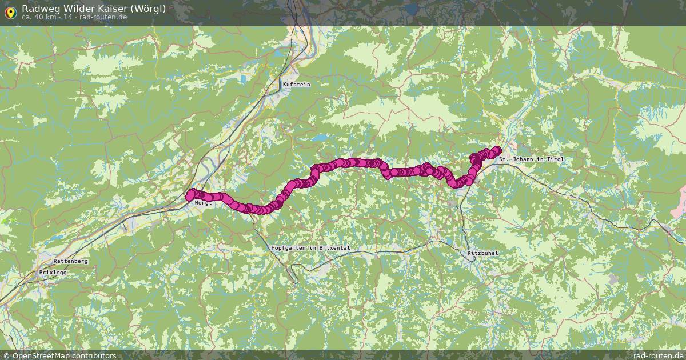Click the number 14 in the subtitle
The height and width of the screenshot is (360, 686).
click(x=67, y=17)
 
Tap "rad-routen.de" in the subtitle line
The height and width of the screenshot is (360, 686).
click(x=103, y=17)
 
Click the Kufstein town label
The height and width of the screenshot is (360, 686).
click(x=296, y=85)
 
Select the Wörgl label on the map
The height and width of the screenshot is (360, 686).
click(x=203, y=203)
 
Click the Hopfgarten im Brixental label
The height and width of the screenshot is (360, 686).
click(x=310, y=247)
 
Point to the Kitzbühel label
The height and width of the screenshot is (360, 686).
click(x=479, y=253)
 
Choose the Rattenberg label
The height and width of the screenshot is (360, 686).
click(x=70, y=261)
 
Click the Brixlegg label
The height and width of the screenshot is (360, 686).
click(x=53, y=273)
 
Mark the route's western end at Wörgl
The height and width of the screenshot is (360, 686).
click(x=190, y=195)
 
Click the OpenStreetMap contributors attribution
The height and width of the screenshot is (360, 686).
click(x=59, y=355)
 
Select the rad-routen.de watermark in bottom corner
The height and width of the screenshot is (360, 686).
click(x=657, y=355)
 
